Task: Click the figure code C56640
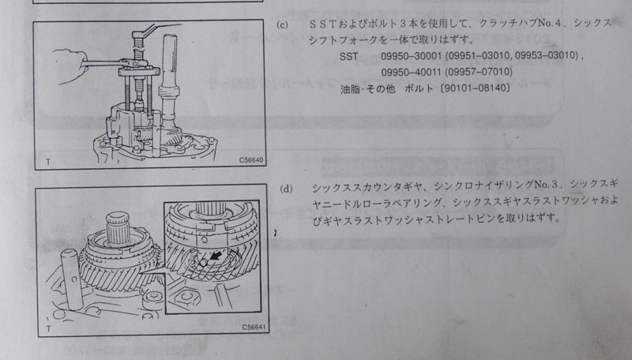tap(250, 159)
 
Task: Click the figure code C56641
tap(254, 328)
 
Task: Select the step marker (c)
tap(283, 24)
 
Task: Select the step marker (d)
tap(286, 189)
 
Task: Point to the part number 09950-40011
tap(411, 72)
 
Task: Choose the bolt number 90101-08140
tap(476, 88)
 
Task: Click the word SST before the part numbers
tap(348, 56)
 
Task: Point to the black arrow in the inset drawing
tap(216, 256)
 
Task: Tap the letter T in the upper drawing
tap(48, 162)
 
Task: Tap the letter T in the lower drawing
tap(49, 328)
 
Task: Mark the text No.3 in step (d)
tap(547, 185)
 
